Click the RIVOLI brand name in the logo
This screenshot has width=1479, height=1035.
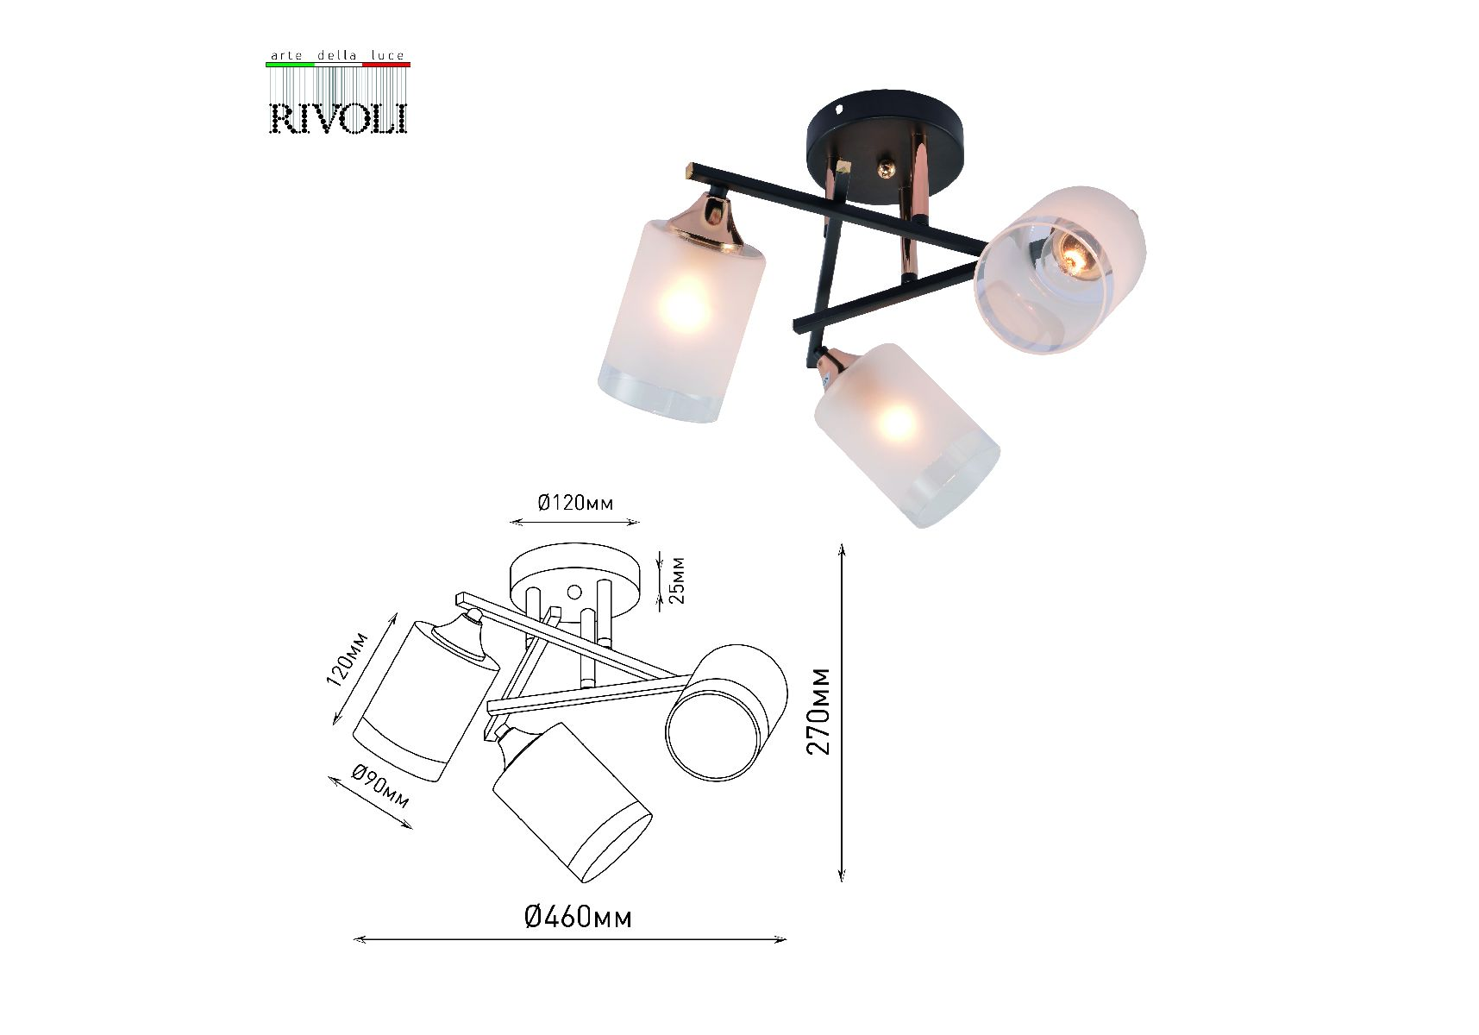click(x=338, y=118)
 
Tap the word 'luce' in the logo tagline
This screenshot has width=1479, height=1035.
click(x=387, y=55)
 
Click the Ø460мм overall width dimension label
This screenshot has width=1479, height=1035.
click(x=578, y=916)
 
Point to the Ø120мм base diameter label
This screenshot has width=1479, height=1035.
click(x=575, y=502)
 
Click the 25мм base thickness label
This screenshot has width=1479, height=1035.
click(x=677, y=580)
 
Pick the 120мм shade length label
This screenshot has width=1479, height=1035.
click(x=347, y=659)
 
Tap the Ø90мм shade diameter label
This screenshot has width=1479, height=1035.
click(x=380, y=787)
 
